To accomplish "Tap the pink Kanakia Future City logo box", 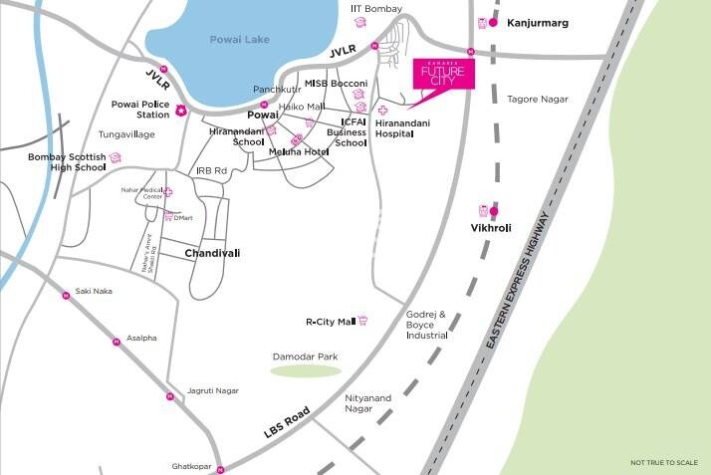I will click(x=444, y=75).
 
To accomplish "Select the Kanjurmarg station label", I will click(x=538, y=22).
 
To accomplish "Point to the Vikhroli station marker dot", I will click(x=494, y=210).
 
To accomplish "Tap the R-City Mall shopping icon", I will click(x=363, y=321).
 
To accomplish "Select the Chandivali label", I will click(x=214, y=254).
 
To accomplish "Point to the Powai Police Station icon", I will click(x=181, y=110).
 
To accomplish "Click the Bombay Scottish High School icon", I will click(x=116, y=158).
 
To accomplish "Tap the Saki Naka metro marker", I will click(x=67, y=292).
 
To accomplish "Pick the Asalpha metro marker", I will click(x=116, y=341).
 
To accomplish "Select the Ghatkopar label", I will click(x=191, y=466).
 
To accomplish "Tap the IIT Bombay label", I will click(x=376, y=9).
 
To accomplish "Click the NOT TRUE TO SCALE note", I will click(x=664, y=462).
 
